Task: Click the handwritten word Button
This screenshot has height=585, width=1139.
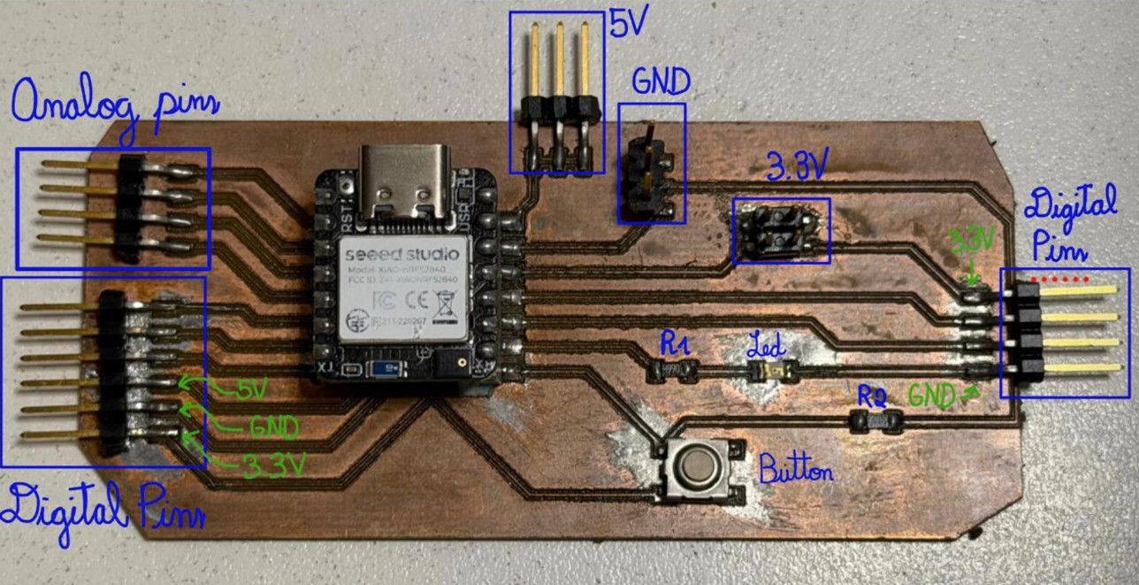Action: pos(796,466)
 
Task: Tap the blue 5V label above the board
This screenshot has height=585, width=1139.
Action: pos(630,23)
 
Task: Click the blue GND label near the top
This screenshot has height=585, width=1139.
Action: pos(661,82)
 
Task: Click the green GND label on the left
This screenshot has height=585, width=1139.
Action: pos(274,428)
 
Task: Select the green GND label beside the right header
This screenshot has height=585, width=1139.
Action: pos(932,396)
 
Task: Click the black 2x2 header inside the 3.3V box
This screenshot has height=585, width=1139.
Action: pos(779,229)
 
